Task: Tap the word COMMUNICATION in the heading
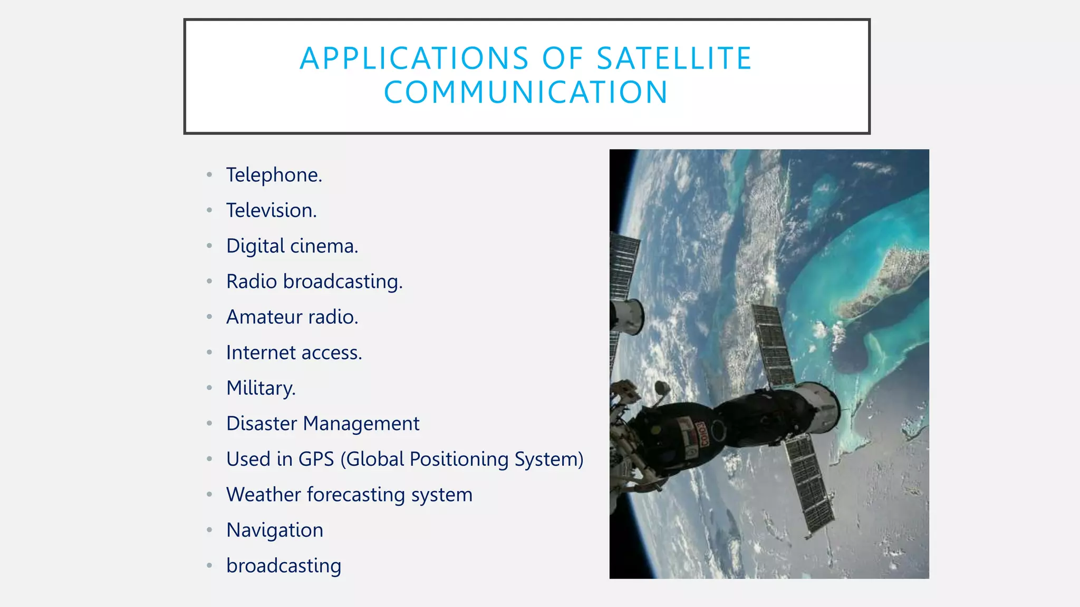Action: (x=526, y=92)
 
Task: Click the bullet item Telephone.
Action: (x=274, y=175)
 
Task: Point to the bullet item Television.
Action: (x=271, y=210)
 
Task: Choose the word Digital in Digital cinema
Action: (x=255, y=246)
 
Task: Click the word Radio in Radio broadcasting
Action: (x=252, y=281)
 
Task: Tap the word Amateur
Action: (x=264, y=317)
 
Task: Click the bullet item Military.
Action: (x=261, y=388)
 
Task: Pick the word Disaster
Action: (x=262, y=424)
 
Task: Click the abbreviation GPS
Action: (x=316, y=459)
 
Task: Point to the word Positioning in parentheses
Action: (x=459, y=459)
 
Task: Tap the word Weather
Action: (x=264, y=495)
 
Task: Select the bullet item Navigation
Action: (x=274, y=530)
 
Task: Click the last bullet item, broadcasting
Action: (x=284, y=566)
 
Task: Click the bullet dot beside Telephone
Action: (x=209, y=175)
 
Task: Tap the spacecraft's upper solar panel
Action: (x=773, y=345)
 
